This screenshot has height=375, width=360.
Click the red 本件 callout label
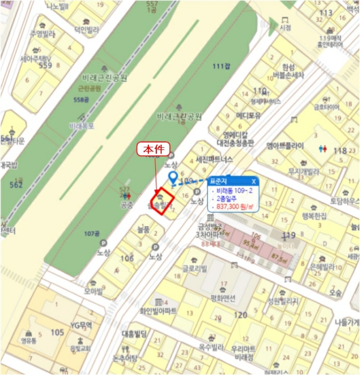[154, 149]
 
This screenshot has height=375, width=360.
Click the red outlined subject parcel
[162, 202]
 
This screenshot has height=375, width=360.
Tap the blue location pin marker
[172, 178]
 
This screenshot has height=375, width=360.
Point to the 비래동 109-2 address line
[235, 190]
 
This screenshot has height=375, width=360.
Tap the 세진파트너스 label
[214, 160]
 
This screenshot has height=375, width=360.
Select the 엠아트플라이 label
[284, 145]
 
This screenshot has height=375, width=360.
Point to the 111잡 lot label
[221, 66]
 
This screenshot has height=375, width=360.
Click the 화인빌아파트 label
[158, 310]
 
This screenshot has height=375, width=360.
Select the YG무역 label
[81, 325]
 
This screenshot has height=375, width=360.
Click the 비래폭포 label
[81, 126]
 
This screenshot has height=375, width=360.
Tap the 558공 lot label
[81, 100]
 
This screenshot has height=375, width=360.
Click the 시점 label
[286, 27]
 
